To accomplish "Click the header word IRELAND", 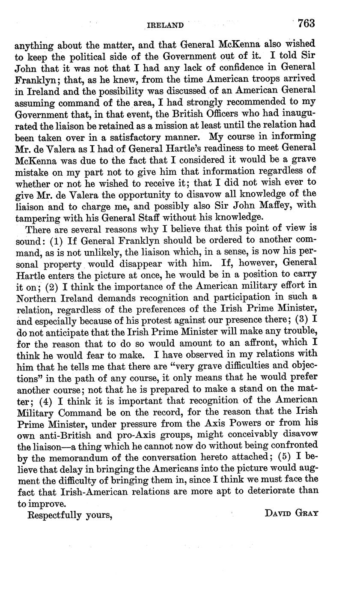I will pyautogui.click(x=165, y=25).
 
